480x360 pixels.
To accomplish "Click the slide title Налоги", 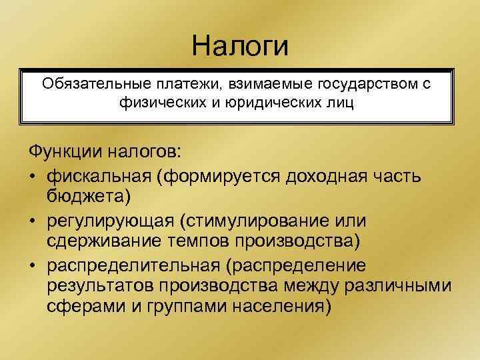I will tap(240, 46).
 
